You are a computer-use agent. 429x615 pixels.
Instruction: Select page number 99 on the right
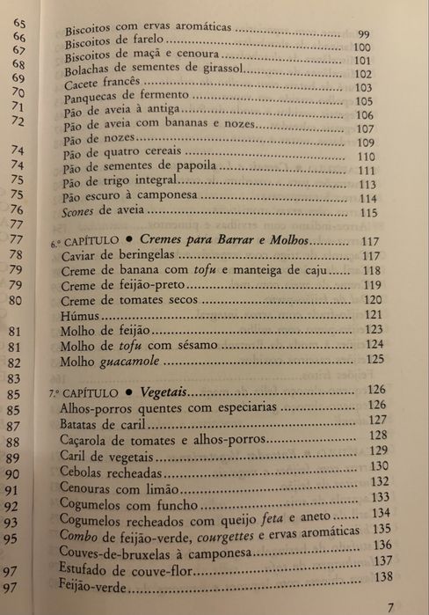point(364,34)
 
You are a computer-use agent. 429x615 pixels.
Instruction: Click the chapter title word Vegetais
point(164,391)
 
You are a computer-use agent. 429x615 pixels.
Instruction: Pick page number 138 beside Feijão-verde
point(382,576)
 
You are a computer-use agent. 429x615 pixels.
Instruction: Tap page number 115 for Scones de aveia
point(367,213)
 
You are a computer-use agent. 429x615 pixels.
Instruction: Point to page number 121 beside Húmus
point(373,314)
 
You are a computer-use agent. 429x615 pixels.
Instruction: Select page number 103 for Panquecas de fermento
point(364,88)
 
